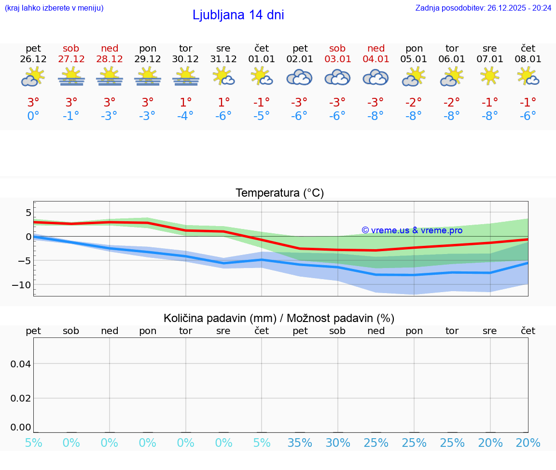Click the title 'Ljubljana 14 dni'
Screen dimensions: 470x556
click(238, 15)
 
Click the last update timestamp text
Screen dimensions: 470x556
click(484, 8)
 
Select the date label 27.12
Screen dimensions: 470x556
click(71, 59)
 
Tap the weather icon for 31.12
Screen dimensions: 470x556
click(223, 76)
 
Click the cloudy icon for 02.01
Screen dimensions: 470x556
click(299, 77)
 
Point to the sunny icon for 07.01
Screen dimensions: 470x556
click(489, 76)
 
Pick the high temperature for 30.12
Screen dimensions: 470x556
click(186, 103)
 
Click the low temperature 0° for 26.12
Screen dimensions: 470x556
click(33, 116)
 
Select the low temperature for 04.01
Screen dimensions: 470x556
click(375, 116)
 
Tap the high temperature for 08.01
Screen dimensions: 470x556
click(528, 103)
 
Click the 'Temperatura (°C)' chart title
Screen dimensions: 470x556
click(279, 193)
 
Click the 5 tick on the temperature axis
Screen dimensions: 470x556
click(28, 213)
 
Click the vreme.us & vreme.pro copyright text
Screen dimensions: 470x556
click(412, 230)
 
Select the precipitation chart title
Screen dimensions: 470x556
click(279, 318)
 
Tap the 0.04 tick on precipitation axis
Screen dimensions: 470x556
click(21, 364)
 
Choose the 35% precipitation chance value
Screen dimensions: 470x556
click(300, 443)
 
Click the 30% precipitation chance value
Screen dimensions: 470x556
click(337, 443)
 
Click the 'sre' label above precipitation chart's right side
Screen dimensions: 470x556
click(489, 331)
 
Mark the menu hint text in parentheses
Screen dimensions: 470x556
click(54, 8)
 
